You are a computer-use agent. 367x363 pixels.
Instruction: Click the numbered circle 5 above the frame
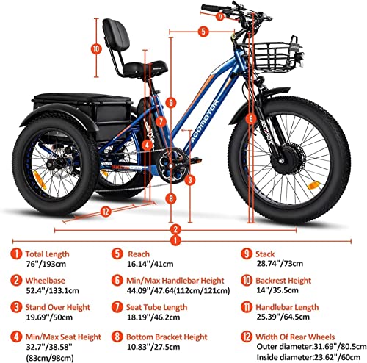coord(203,32)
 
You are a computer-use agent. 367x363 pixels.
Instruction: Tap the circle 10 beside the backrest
coord(96,48)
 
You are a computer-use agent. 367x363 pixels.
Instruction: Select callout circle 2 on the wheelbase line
coord(175,229)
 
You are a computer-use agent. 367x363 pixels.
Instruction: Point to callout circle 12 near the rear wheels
coord(106,212)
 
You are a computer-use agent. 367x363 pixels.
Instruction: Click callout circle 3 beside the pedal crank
coord(190,180)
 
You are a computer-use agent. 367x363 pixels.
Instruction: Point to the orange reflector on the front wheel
coord(313,185)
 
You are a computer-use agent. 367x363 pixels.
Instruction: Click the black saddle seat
coord(145,68)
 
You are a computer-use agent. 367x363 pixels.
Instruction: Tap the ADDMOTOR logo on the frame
coord(205,121)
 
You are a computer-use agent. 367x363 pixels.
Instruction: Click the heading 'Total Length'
coord(47,254)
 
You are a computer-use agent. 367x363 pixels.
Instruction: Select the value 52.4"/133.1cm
coord(53,291)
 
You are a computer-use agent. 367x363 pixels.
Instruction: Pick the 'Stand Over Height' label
coord(58,307)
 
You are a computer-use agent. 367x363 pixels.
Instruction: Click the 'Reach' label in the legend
coord(139,254)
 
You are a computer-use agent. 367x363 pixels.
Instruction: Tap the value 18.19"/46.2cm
coord(153,317)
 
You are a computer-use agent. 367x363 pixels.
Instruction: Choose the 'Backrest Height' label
coord(283,281)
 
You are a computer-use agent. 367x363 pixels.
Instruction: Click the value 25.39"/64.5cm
coord(283,317)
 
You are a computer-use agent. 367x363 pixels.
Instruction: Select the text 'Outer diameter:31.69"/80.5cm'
coord(311,347)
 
